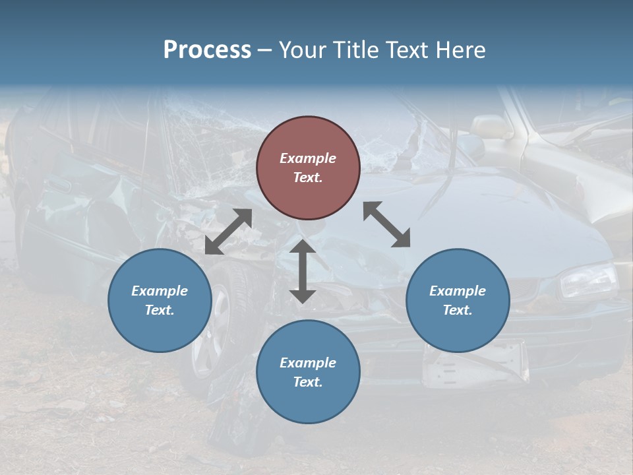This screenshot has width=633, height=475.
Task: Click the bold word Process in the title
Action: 207,50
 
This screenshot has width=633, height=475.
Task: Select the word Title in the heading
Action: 357,50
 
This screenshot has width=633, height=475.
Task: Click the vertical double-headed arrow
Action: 303,270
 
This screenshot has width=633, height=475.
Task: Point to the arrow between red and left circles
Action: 228,232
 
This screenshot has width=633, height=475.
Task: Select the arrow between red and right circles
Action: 386,224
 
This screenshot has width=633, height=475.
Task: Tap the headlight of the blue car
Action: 588,279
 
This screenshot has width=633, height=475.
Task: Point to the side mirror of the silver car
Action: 491,126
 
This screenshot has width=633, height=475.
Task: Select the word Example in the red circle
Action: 308,158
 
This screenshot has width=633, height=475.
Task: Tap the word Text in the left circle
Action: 160,310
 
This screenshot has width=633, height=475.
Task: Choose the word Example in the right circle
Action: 458,291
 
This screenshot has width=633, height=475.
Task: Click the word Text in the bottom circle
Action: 307,382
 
